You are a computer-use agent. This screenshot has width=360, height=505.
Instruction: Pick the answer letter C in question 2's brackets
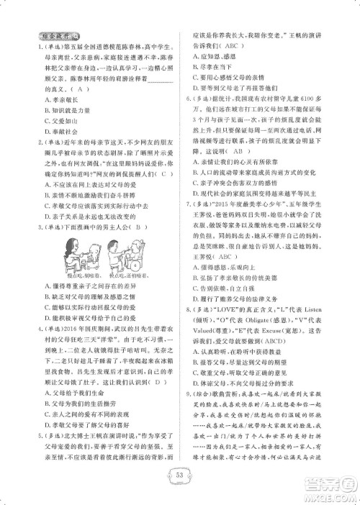tap(165, 175)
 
